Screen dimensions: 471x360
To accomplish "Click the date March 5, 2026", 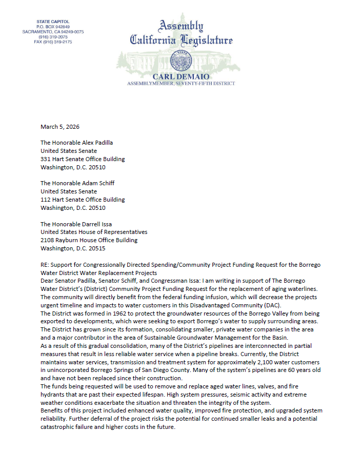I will (60, 126).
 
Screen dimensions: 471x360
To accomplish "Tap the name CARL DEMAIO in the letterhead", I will (181, 76).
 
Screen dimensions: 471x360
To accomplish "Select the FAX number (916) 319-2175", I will (53, 42).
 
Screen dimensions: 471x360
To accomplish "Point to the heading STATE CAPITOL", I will (53, 22).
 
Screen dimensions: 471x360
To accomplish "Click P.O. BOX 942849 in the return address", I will (53, 26).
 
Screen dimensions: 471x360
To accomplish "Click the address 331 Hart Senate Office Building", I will (83, 159).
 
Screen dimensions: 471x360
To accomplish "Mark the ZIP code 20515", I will (96, 248).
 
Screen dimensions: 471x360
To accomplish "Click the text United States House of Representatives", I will (94, 232).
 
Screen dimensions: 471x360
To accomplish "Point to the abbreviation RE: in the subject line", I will (45, 265).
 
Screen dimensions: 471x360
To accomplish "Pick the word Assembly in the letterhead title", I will (181, 26).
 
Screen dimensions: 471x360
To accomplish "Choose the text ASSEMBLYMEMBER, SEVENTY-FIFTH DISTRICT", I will (181, 83).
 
